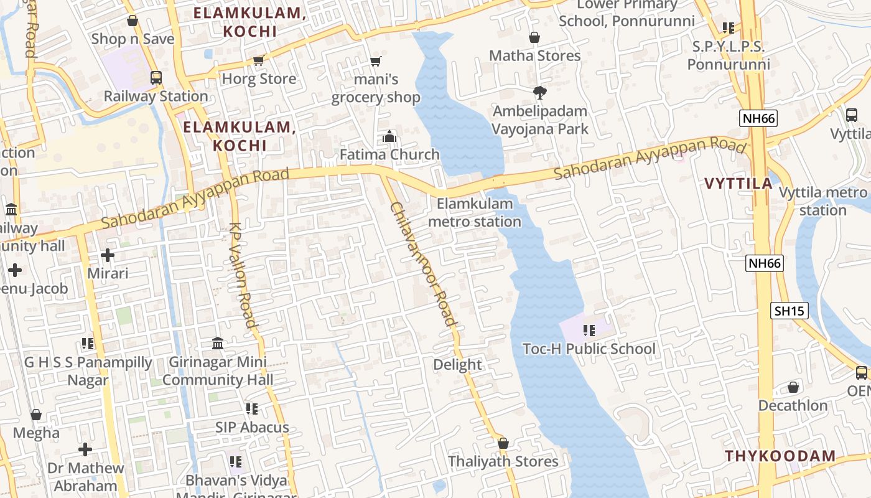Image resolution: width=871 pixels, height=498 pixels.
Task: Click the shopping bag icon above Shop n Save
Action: coord(132,21)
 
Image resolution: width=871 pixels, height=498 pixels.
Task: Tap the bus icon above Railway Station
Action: coord(156,78)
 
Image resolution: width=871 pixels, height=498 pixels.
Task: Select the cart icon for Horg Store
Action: coord(259,60)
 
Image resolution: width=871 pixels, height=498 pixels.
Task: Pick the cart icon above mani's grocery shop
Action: coord(375,61)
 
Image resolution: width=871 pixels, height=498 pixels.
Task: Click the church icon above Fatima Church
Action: coord(389,136)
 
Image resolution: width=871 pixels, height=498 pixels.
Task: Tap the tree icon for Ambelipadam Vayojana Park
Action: coord(540,93)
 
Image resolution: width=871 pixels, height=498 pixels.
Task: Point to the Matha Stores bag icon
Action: coord(534,38)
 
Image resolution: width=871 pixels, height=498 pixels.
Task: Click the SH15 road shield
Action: coord(789,311)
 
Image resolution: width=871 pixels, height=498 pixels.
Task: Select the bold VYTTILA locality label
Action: coord(738,184)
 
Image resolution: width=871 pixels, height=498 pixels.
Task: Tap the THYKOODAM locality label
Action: coord(780,456)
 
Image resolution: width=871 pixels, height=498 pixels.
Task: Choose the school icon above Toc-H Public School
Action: coord(589,331)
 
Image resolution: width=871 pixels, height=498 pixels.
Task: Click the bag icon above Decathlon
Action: coord(793,387)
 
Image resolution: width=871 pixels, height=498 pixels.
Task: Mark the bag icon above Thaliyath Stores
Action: coord(503,443)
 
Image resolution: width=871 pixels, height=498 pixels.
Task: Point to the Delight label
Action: coord(457,365)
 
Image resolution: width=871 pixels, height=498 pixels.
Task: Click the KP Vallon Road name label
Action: coord(243,275)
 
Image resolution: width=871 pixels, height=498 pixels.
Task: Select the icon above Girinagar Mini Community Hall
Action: coord(218,343)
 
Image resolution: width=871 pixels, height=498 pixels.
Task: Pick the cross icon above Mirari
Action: coord(108,255)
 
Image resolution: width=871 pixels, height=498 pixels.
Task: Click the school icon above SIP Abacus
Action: coord(252,409)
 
